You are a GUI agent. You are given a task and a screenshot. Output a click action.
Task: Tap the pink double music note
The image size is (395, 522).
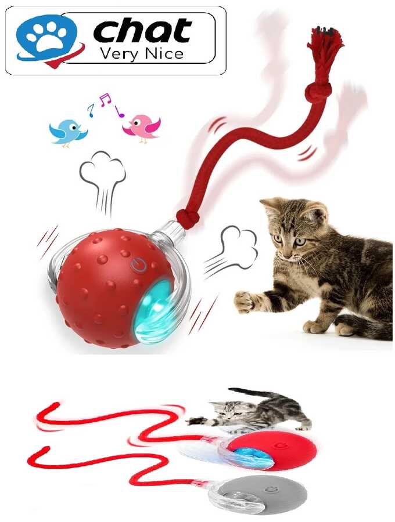coord(105,99)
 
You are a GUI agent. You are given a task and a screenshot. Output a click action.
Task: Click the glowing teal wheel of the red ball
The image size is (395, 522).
coord(155,311)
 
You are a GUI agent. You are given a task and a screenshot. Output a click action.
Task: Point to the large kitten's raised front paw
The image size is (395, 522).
coord(243,301)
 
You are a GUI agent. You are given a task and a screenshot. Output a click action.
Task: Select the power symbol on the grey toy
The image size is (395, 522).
coord(272,489)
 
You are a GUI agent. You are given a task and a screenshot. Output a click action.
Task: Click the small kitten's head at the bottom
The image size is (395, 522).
coord(227,411)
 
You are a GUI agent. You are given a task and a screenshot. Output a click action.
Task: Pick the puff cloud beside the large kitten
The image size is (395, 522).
coord(231,251)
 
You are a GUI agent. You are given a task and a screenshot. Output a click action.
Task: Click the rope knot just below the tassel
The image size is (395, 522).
coord(318,92)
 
